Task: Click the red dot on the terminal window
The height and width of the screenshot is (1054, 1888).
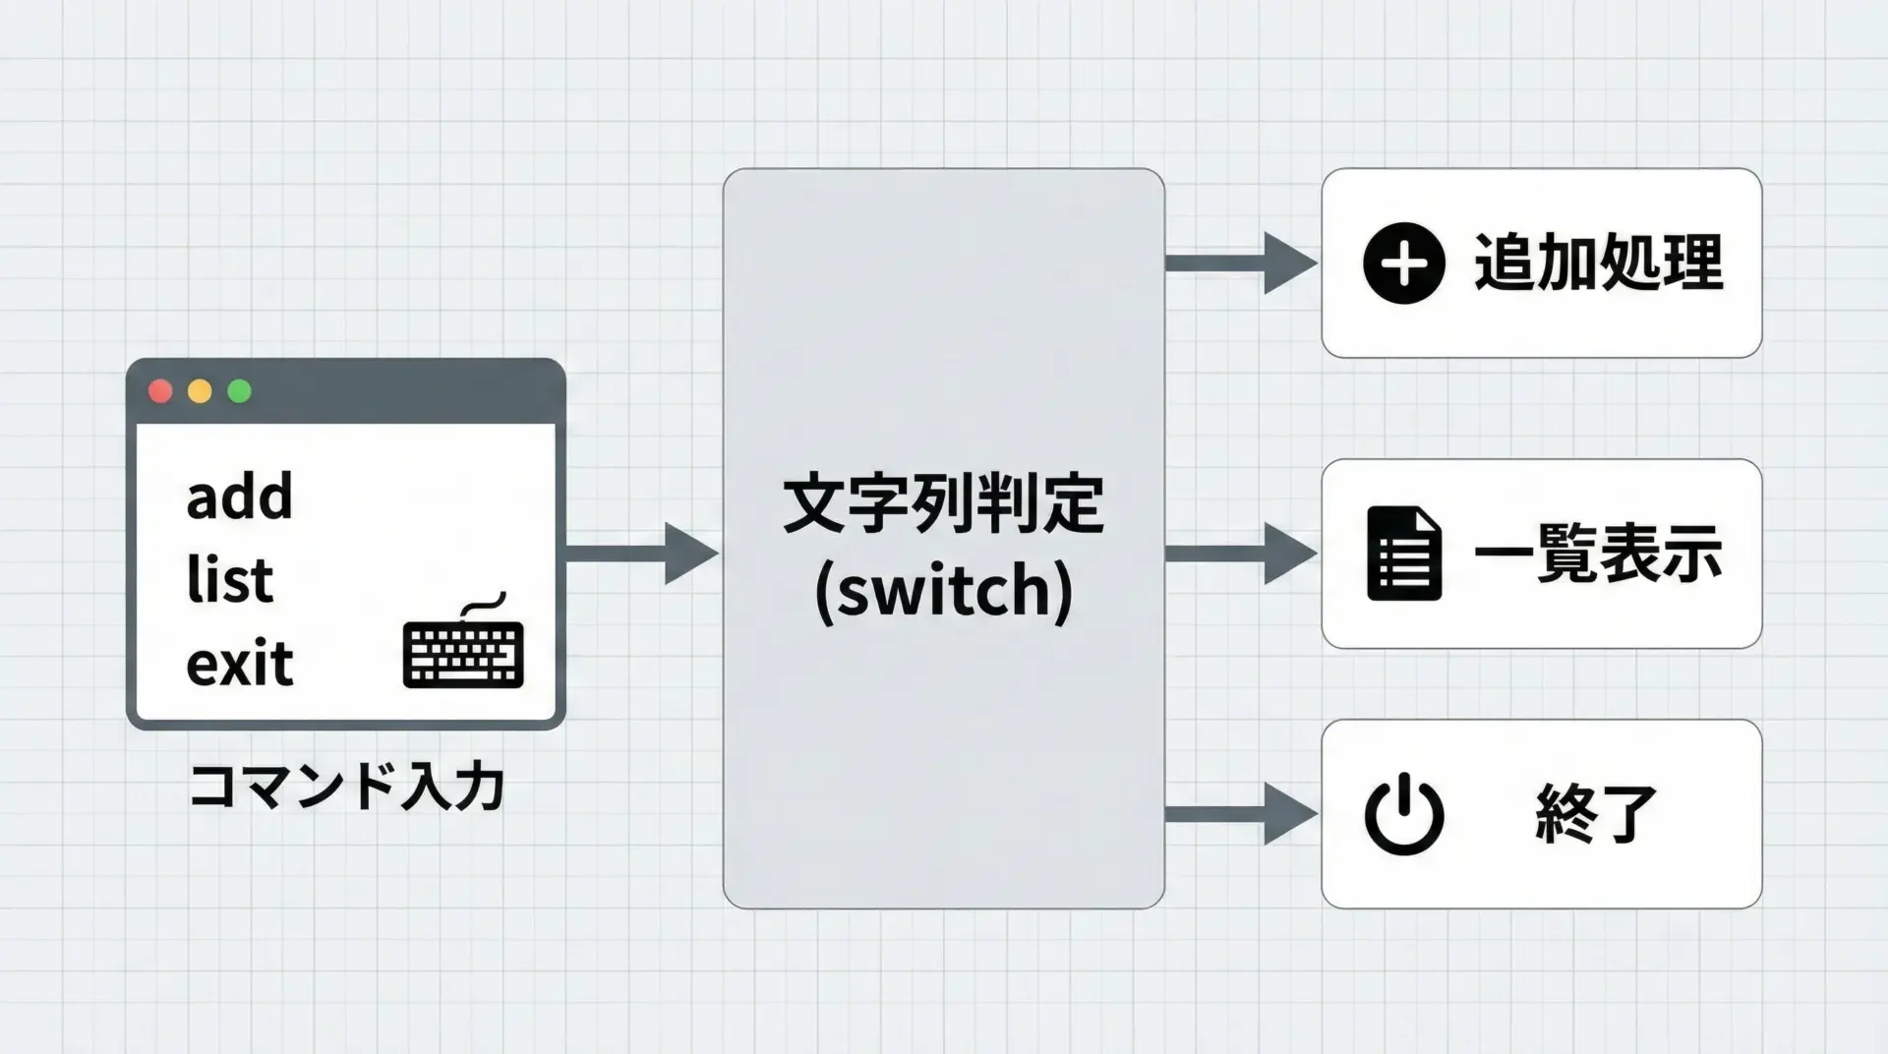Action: [x=160, y=391]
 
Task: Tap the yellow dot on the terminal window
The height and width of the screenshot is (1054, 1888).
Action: [x=200, y=391]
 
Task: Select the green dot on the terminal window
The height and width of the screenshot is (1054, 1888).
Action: [x=239, y=391]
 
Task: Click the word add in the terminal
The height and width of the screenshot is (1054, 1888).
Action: [x=239, y=497]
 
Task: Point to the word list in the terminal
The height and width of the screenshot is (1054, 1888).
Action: [x=229, y=580]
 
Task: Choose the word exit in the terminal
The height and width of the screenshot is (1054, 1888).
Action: [x=239, y=664]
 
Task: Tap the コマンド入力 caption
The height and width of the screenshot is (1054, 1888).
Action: [x=345, y=787]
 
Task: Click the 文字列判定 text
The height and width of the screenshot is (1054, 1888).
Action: [x=943, y=504]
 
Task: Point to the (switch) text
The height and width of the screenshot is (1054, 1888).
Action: [x=943, y=591]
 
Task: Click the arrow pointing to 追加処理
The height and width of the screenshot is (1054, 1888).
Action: [x=1241, y=263]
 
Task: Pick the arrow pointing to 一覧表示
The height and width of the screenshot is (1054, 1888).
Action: [x=1241, y=554]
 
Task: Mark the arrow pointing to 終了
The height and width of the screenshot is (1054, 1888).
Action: [x=1241, y=814]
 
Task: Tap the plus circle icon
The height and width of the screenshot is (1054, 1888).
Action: [x=1403, y=263]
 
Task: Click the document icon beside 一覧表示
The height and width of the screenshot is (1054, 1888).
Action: [x=1403, y=554]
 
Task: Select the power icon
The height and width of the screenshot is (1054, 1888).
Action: [x=1403, y=814]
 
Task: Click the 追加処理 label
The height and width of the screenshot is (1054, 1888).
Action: [x=1598, y=263]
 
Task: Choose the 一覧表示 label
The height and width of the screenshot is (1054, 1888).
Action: [x=1598, y=554]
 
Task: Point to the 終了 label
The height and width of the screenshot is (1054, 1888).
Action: [x=1595, y=814]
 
